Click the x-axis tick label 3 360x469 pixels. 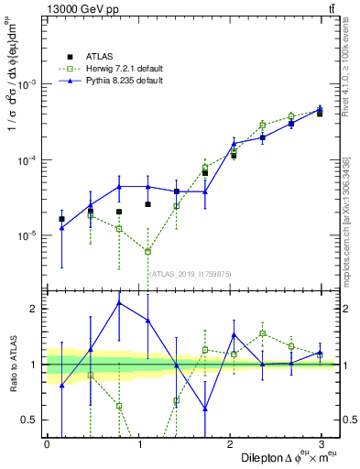click(321, 442)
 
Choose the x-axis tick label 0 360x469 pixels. click(47, 442)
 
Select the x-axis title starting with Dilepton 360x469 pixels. click(285, 457)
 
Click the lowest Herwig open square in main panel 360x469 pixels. click(147, 251)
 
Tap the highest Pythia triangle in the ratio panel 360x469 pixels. click(119, 302)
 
